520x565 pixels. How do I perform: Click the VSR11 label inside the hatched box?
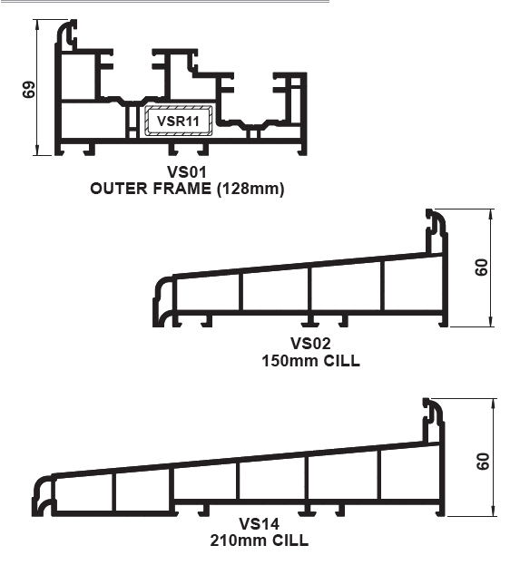pyautogui.click(x=178, y=122)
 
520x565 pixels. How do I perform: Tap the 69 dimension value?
pyautogui.click(x=29, y=90)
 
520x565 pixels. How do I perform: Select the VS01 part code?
pyautogui.click(x=187, y=172)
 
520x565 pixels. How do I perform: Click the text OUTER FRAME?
pyautogui.click(x=151, y=189)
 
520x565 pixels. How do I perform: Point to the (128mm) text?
pyautogui.click(x=250, y=189)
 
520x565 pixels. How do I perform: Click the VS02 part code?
pyautogui.click(x=310, y=343)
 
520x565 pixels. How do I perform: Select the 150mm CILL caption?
pyautogui.click(x=311, y=361)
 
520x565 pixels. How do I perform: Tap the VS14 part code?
pyautogui.click(x=259, y=523)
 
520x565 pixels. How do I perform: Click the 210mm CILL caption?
pyautogui.click(x=259, y=541)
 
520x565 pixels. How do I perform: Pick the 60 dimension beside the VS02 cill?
pyautogui.click(x=482, y=268)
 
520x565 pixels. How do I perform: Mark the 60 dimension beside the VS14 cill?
pyautogui.click(x=483, y=462)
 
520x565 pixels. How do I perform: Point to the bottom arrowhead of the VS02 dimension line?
pyautogui.click(x=490, y=322)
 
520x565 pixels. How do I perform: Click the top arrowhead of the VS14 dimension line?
pyautogui.click(x=493, y=404)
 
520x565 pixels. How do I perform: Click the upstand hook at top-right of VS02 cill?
pyautogui.click(x=437, y=230)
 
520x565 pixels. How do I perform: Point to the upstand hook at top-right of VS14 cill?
pyautogui.click(x=433, y=420)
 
